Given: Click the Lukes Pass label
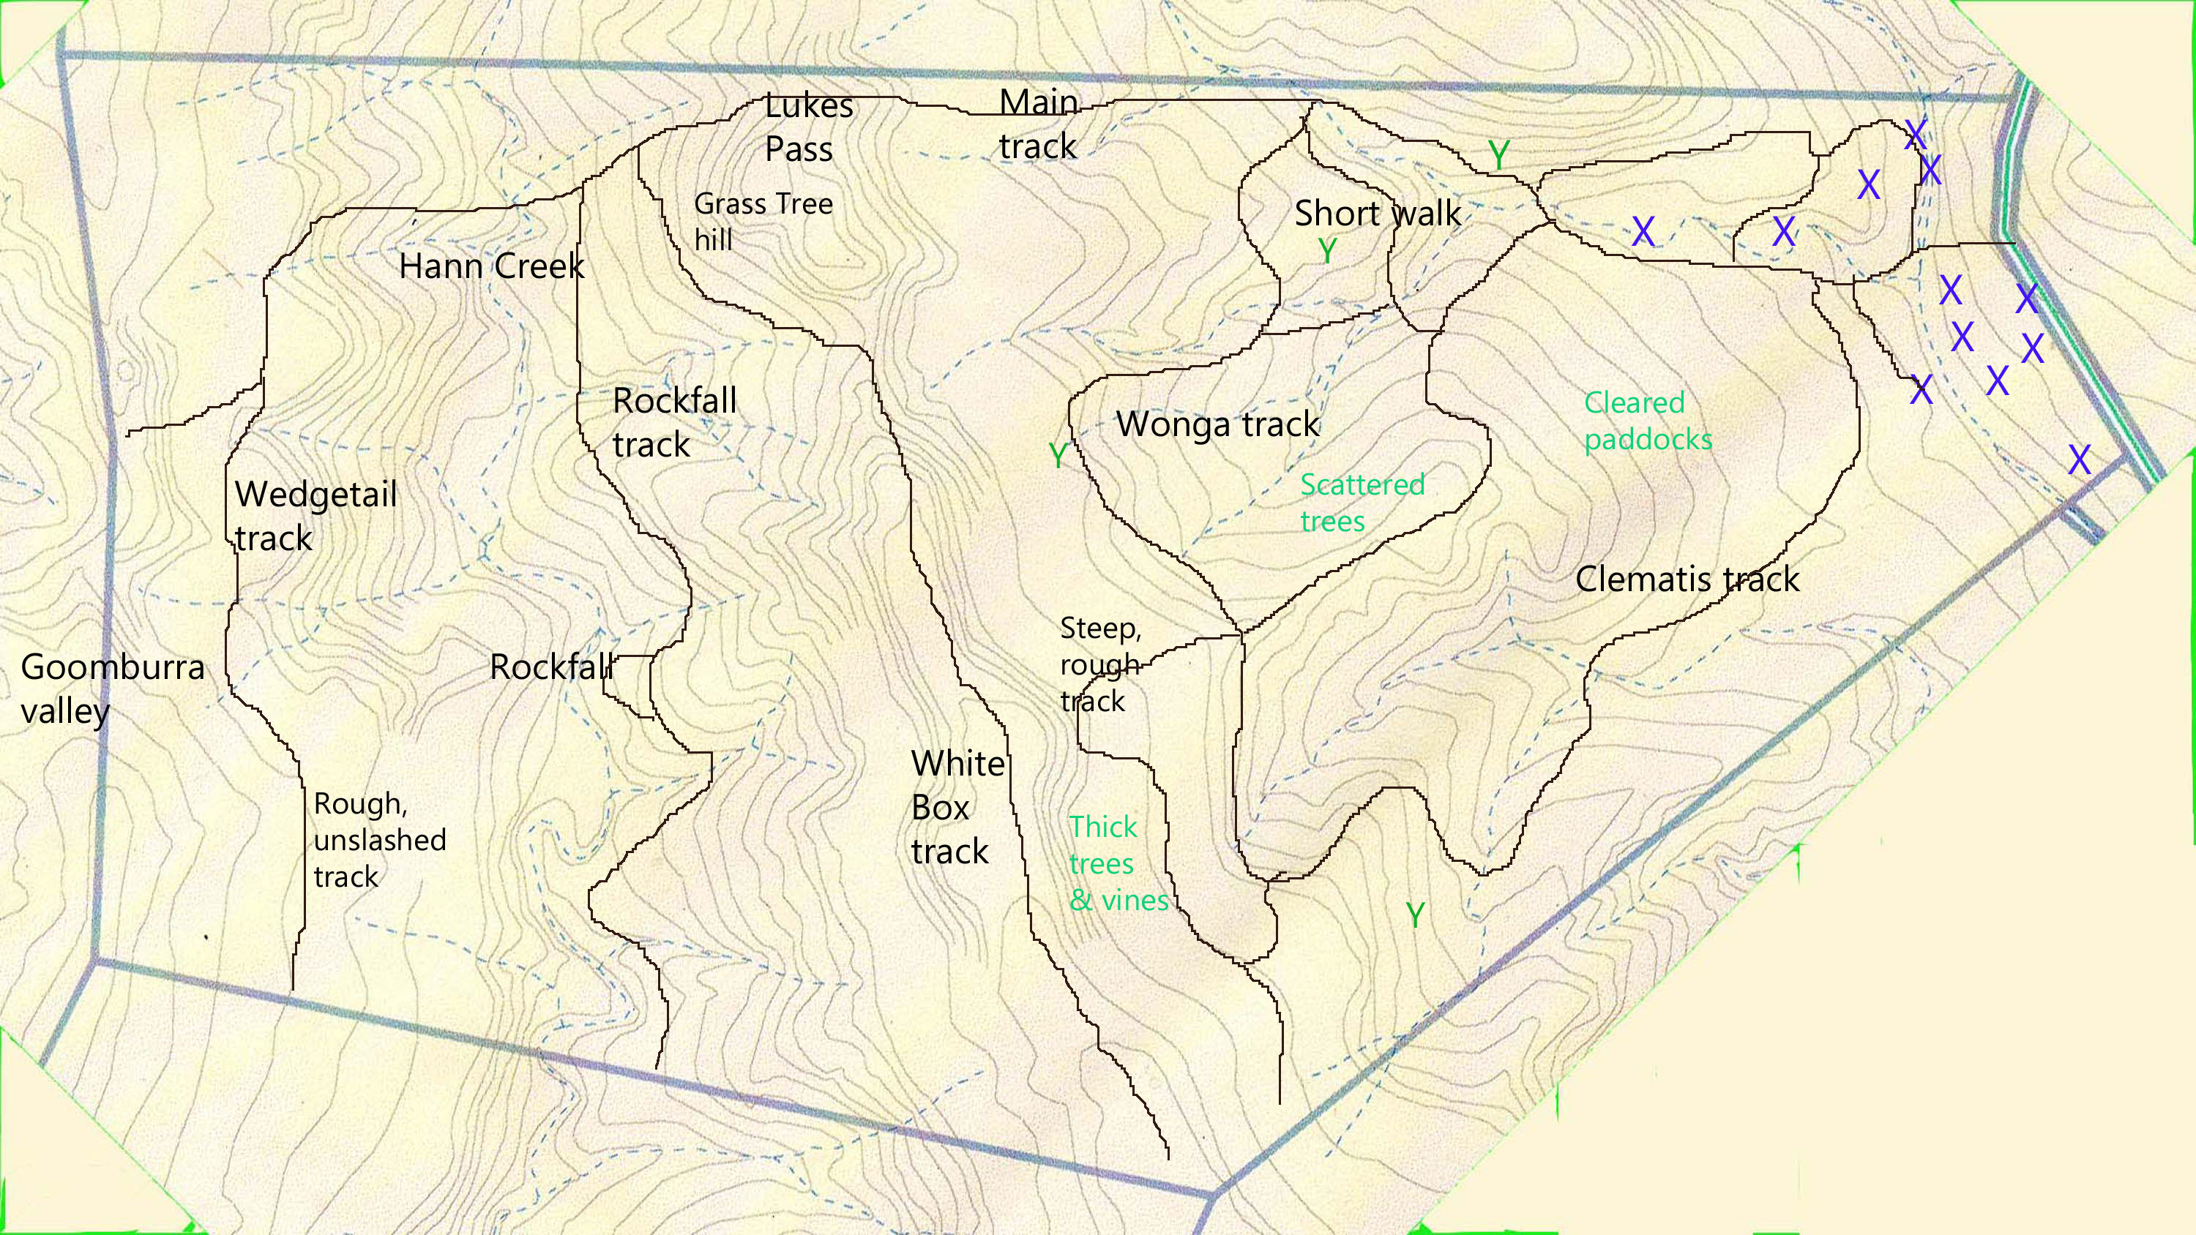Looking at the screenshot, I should click(807, 128).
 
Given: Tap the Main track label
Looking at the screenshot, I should click(1038, 125).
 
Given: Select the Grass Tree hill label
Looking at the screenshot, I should click(762, 222).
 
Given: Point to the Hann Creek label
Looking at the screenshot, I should click(491, 267).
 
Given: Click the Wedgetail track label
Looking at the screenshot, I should click(315, 517).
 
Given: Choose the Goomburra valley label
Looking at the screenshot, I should click(112, 688).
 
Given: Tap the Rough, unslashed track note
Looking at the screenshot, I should click(379, 839).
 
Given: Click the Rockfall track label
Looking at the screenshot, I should click(673, 423).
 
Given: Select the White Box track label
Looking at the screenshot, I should click(957, 807).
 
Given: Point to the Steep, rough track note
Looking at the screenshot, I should click(1099, 665).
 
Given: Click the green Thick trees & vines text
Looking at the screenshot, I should click(1118, 863).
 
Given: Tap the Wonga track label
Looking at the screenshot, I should click(1217, 424).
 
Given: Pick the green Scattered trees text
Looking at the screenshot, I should click(1362, 503).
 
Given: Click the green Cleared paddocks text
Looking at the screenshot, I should click(1647, 421).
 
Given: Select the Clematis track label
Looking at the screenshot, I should click(1687, 579).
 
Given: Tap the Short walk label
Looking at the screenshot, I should click(1378, 213).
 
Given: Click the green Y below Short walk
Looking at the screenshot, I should click(1327, 250).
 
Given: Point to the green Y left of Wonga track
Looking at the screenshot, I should click(1058, 456).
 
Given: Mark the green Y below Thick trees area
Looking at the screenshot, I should click(1415, 916).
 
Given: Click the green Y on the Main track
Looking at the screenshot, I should click(1498, 155).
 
